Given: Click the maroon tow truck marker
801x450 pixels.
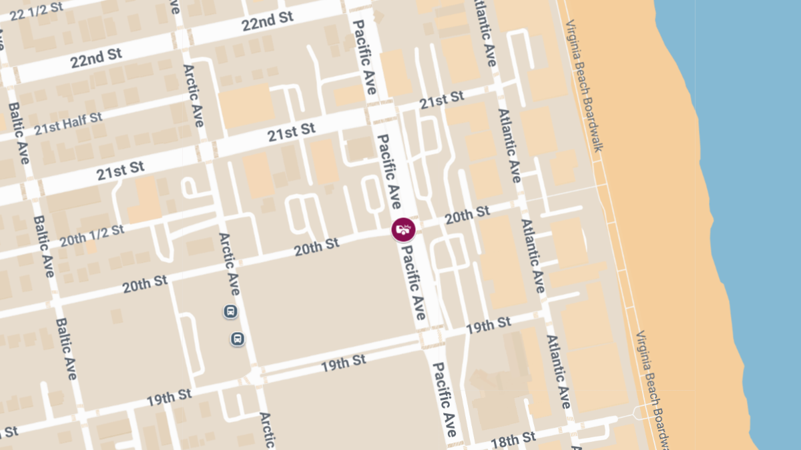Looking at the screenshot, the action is click(x=403, y=230).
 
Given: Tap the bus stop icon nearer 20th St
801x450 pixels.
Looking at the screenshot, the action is click(x=230, y=311).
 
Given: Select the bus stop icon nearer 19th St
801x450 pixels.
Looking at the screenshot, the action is click(x=237, y=339).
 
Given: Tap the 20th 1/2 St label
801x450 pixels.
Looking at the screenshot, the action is click(x=92, y=235).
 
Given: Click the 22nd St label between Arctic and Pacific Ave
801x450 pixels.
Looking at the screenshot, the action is click(x=268, y=22).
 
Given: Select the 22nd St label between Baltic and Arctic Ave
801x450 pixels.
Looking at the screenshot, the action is click(x=96, y=59).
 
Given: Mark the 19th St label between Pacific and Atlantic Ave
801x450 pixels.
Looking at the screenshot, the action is click(x=489, y=326).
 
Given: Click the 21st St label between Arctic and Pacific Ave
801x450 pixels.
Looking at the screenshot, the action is click(x=291, y=131).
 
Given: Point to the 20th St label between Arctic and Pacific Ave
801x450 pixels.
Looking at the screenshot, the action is click(x=316, y=247).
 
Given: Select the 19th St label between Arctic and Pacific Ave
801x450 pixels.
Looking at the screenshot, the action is click(x=343, y=363).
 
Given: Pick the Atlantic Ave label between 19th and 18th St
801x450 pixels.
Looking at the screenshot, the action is click(x=559, y=371).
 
